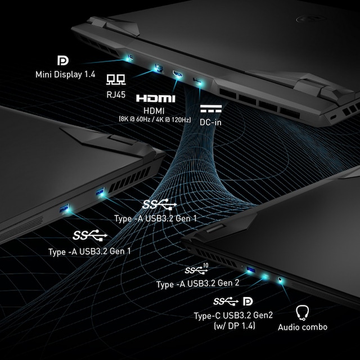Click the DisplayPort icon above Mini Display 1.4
[63, 60]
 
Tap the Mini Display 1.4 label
[65, 74]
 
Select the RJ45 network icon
[116, 79]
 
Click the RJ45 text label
[116, 94]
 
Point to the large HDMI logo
[156, 98]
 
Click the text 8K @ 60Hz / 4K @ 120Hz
[155, 119]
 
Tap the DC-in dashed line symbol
[211, 109]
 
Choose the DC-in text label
[210, 122]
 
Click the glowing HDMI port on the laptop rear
[178, 74]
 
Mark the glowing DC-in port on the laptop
[197, 81]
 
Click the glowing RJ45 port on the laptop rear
[158, 68]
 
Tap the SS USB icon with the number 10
[196, 269]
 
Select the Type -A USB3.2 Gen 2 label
[198, 283]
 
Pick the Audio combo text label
[303, 327]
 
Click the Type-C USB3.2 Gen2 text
[233, 316]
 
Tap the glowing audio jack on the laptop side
[280, 280]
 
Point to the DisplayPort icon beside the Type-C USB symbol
[248, 301]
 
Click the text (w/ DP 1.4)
[235, 326]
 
